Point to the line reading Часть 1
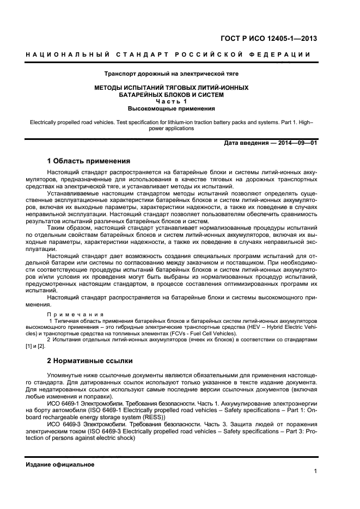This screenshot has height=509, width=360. click(x=171, y=101)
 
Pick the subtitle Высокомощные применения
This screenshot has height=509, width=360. click(x=171, y=108)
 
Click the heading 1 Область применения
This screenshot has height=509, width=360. click(x=88, y=161)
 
